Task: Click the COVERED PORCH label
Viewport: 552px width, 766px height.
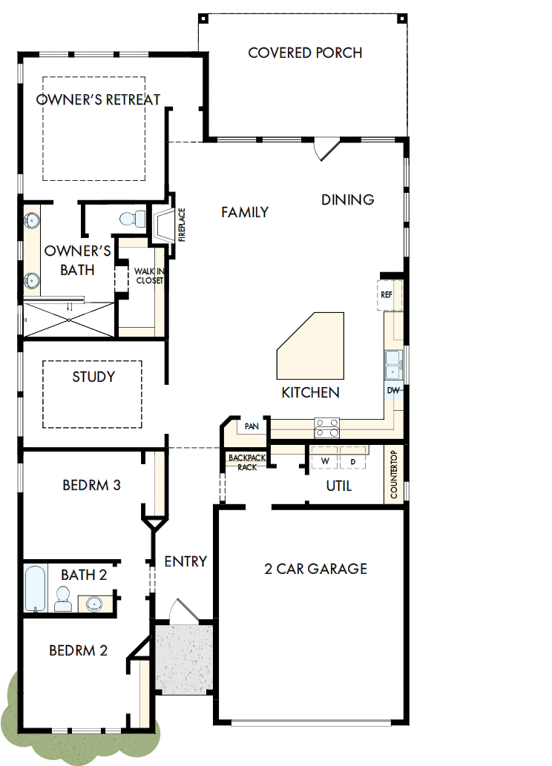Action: pos(305,53)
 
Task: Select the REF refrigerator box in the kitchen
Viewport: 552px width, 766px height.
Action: pos(387,294)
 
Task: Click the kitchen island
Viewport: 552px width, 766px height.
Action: pos(312,345)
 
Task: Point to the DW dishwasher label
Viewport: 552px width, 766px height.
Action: pos(393,390)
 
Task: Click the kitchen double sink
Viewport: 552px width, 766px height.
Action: pos(393,363)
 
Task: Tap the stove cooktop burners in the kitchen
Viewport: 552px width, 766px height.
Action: pos(326,429)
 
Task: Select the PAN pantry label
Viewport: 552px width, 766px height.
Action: pos(252,426)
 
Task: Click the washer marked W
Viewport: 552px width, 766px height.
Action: pos(324,461)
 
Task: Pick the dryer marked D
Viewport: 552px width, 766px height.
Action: pos(353,461)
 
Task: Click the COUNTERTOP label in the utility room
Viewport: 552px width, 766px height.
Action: pos(394,475)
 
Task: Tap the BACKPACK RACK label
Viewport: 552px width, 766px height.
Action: pos(243,463)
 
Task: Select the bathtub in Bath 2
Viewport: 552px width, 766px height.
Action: pos(35,588)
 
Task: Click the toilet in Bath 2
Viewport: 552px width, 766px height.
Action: pos(64,598)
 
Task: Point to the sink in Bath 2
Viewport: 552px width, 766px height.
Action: pos(95,604)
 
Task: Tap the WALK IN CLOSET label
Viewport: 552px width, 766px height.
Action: pos(148,276)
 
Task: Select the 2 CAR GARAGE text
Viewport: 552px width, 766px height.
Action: pos(315,569)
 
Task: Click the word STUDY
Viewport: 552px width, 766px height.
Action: pos(93,377)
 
